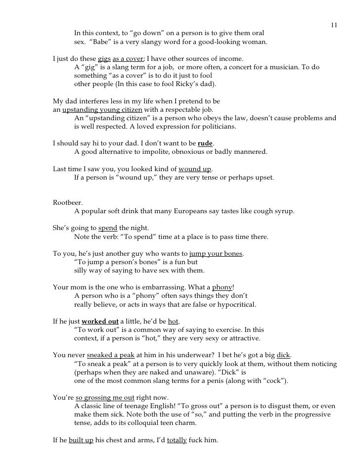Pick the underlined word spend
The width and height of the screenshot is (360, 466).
tap(108, 228)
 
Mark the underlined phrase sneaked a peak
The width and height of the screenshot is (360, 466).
tap(107, 355)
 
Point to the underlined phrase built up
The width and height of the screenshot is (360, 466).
tap(82, 440)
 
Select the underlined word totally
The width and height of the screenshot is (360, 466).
tap(177, 440)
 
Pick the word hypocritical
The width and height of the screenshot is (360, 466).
tap(233, 304)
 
